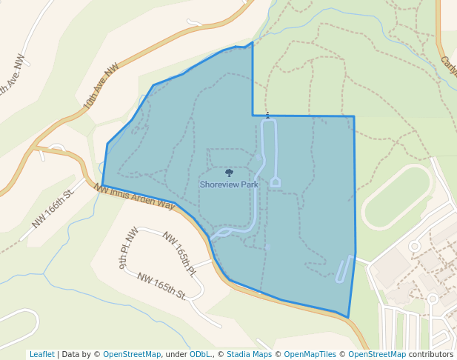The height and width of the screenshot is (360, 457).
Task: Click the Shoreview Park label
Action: click(229, 184)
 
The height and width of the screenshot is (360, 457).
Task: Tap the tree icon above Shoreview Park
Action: click(229, 173)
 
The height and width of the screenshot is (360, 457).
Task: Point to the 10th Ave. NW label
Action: click(101, 87)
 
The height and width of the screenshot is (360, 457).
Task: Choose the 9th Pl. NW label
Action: click(129, 247)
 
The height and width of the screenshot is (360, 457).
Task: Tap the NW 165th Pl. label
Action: click(179, 254)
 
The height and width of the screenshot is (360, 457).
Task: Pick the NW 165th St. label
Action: click(161, 285)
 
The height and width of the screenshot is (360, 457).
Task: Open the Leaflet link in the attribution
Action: click(42, 354)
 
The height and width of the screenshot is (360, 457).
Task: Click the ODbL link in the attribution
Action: click(199, 354)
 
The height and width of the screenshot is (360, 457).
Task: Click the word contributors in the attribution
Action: click(431, 354)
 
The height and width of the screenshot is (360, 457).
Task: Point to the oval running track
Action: click(396, 196)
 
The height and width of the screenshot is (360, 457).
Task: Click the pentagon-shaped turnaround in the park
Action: click(275, 181)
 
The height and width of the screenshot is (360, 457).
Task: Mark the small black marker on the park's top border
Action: click(267, 115)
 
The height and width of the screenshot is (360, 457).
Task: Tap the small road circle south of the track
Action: click(414, 246)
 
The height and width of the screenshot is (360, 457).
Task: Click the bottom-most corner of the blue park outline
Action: click(348, 318)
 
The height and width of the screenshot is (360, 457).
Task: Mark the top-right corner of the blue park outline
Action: click(354, 116)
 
